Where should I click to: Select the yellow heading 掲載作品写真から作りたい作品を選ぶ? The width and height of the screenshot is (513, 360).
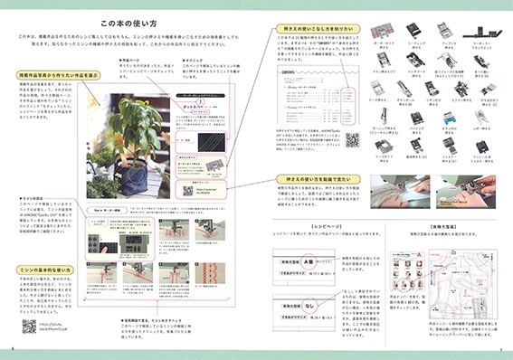click(x=60, y=74)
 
